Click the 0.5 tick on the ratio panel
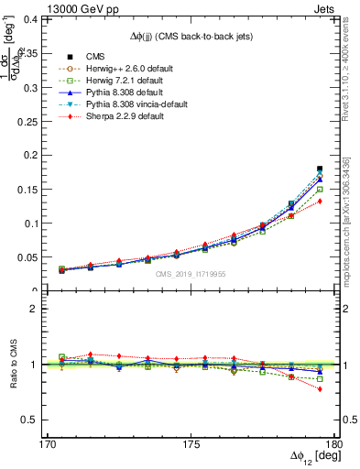[42, 420]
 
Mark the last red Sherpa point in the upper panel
[320, 202]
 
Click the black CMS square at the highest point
[320, 169]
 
